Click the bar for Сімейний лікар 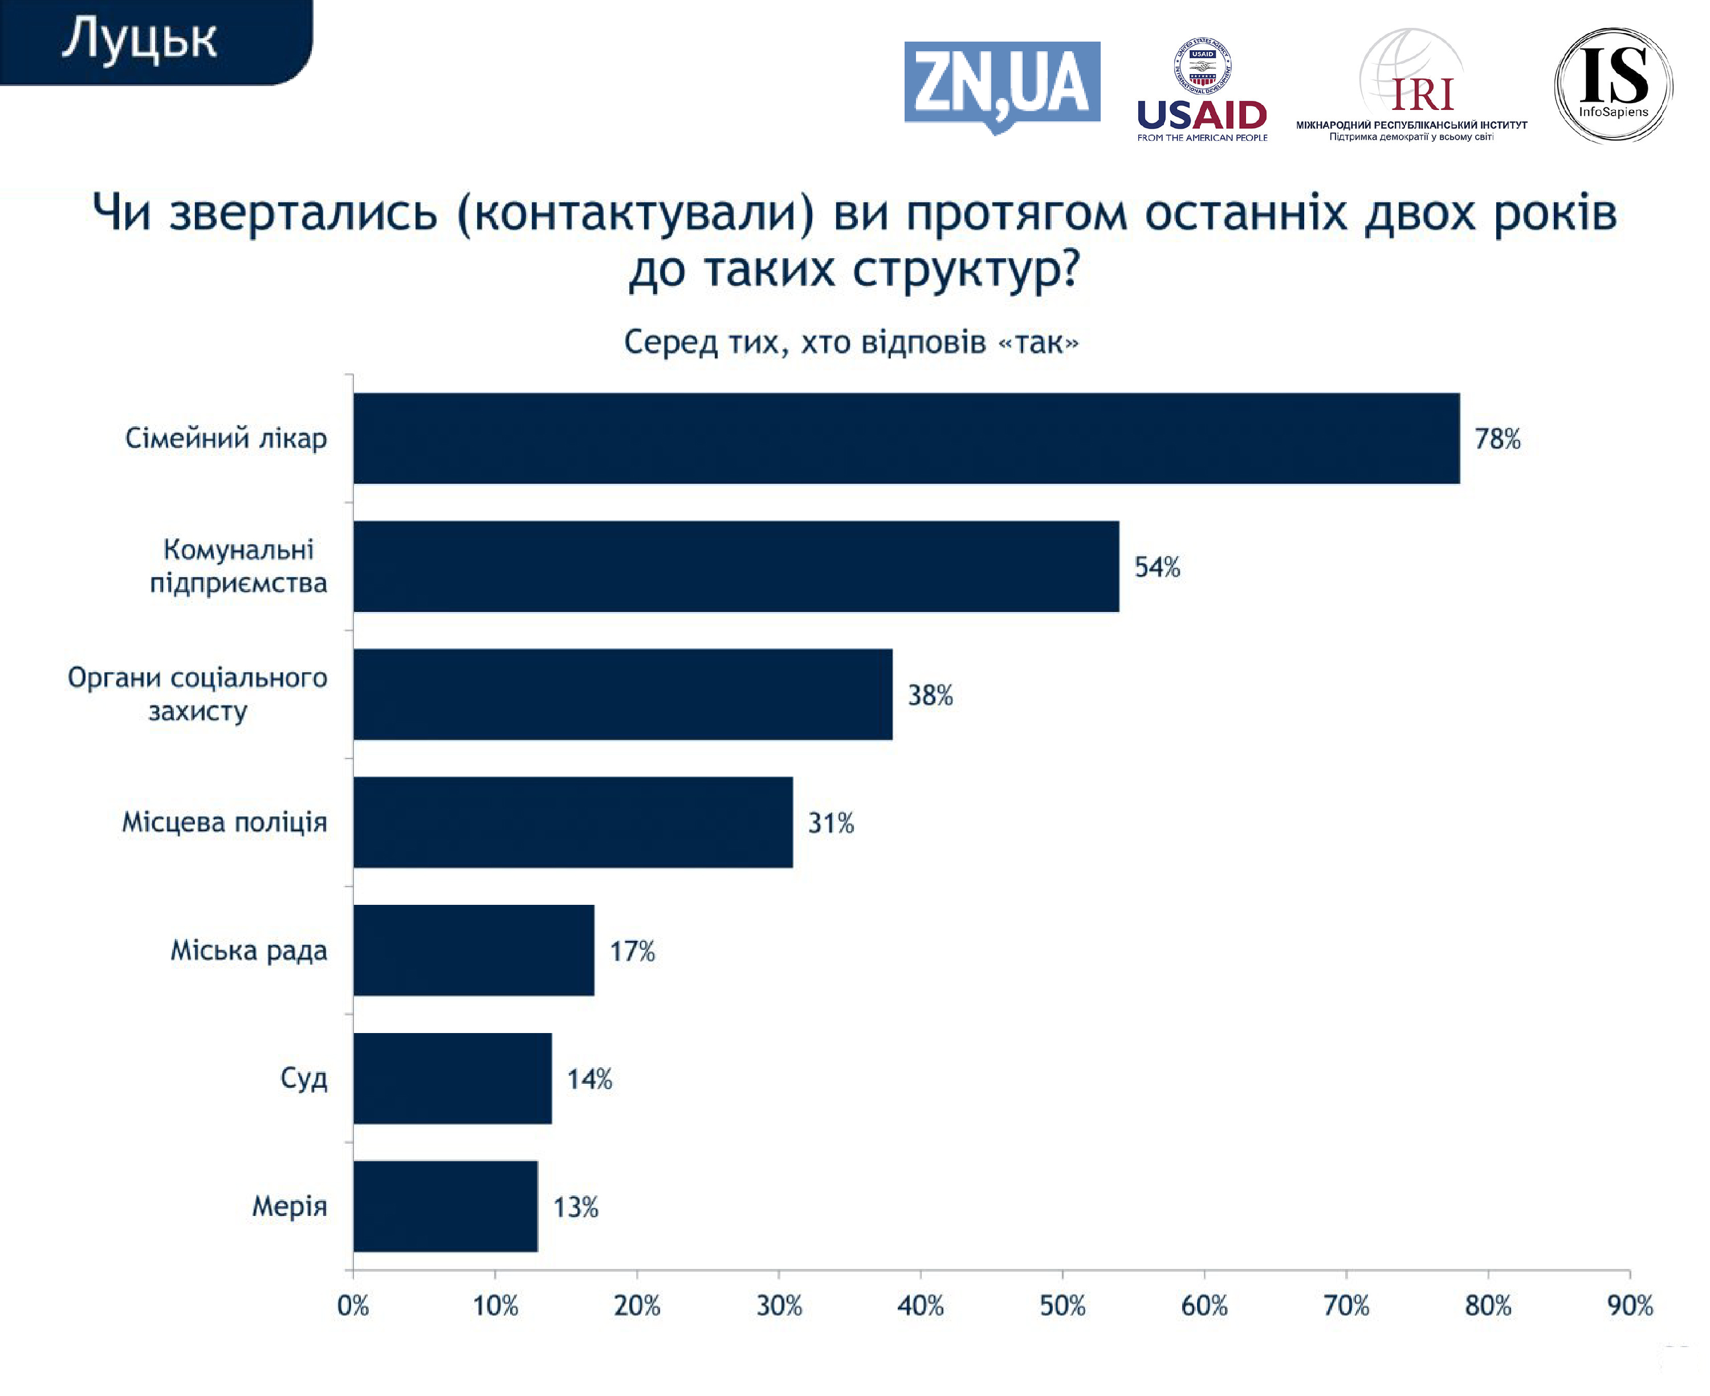(x=906, y=438)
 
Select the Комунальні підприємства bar (x=736, y=566)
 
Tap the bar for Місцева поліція (x=573, y=822)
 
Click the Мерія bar (x=445, y=1206)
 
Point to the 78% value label (x=1497, y=439)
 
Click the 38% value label (x=930, y=696)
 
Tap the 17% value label (x=632, y=952)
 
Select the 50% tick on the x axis (x=1062, y=1306)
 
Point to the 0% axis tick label (x=353, y=1306)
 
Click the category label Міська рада (x=249, y=950)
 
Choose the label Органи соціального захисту (x=198, y=694)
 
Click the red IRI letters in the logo (x=1422, y=95)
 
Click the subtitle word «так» (x=1039, y=342)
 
